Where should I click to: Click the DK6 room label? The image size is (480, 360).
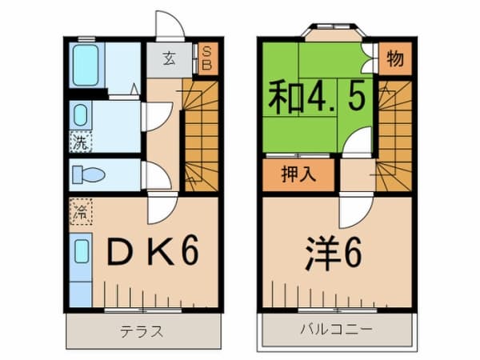152,253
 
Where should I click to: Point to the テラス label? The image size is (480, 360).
142,330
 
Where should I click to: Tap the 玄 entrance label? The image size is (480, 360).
170,58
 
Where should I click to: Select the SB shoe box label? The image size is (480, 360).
206,58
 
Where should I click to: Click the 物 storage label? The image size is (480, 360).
393,58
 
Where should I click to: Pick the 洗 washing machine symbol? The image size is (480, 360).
80,144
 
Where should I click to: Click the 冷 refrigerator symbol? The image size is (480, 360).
81,213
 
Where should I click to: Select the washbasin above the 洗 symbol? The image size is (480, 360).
82,116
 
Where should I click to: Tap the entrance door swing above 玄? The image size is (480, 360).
170,26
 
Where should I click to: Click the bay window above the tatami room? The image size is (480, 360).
334,34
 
